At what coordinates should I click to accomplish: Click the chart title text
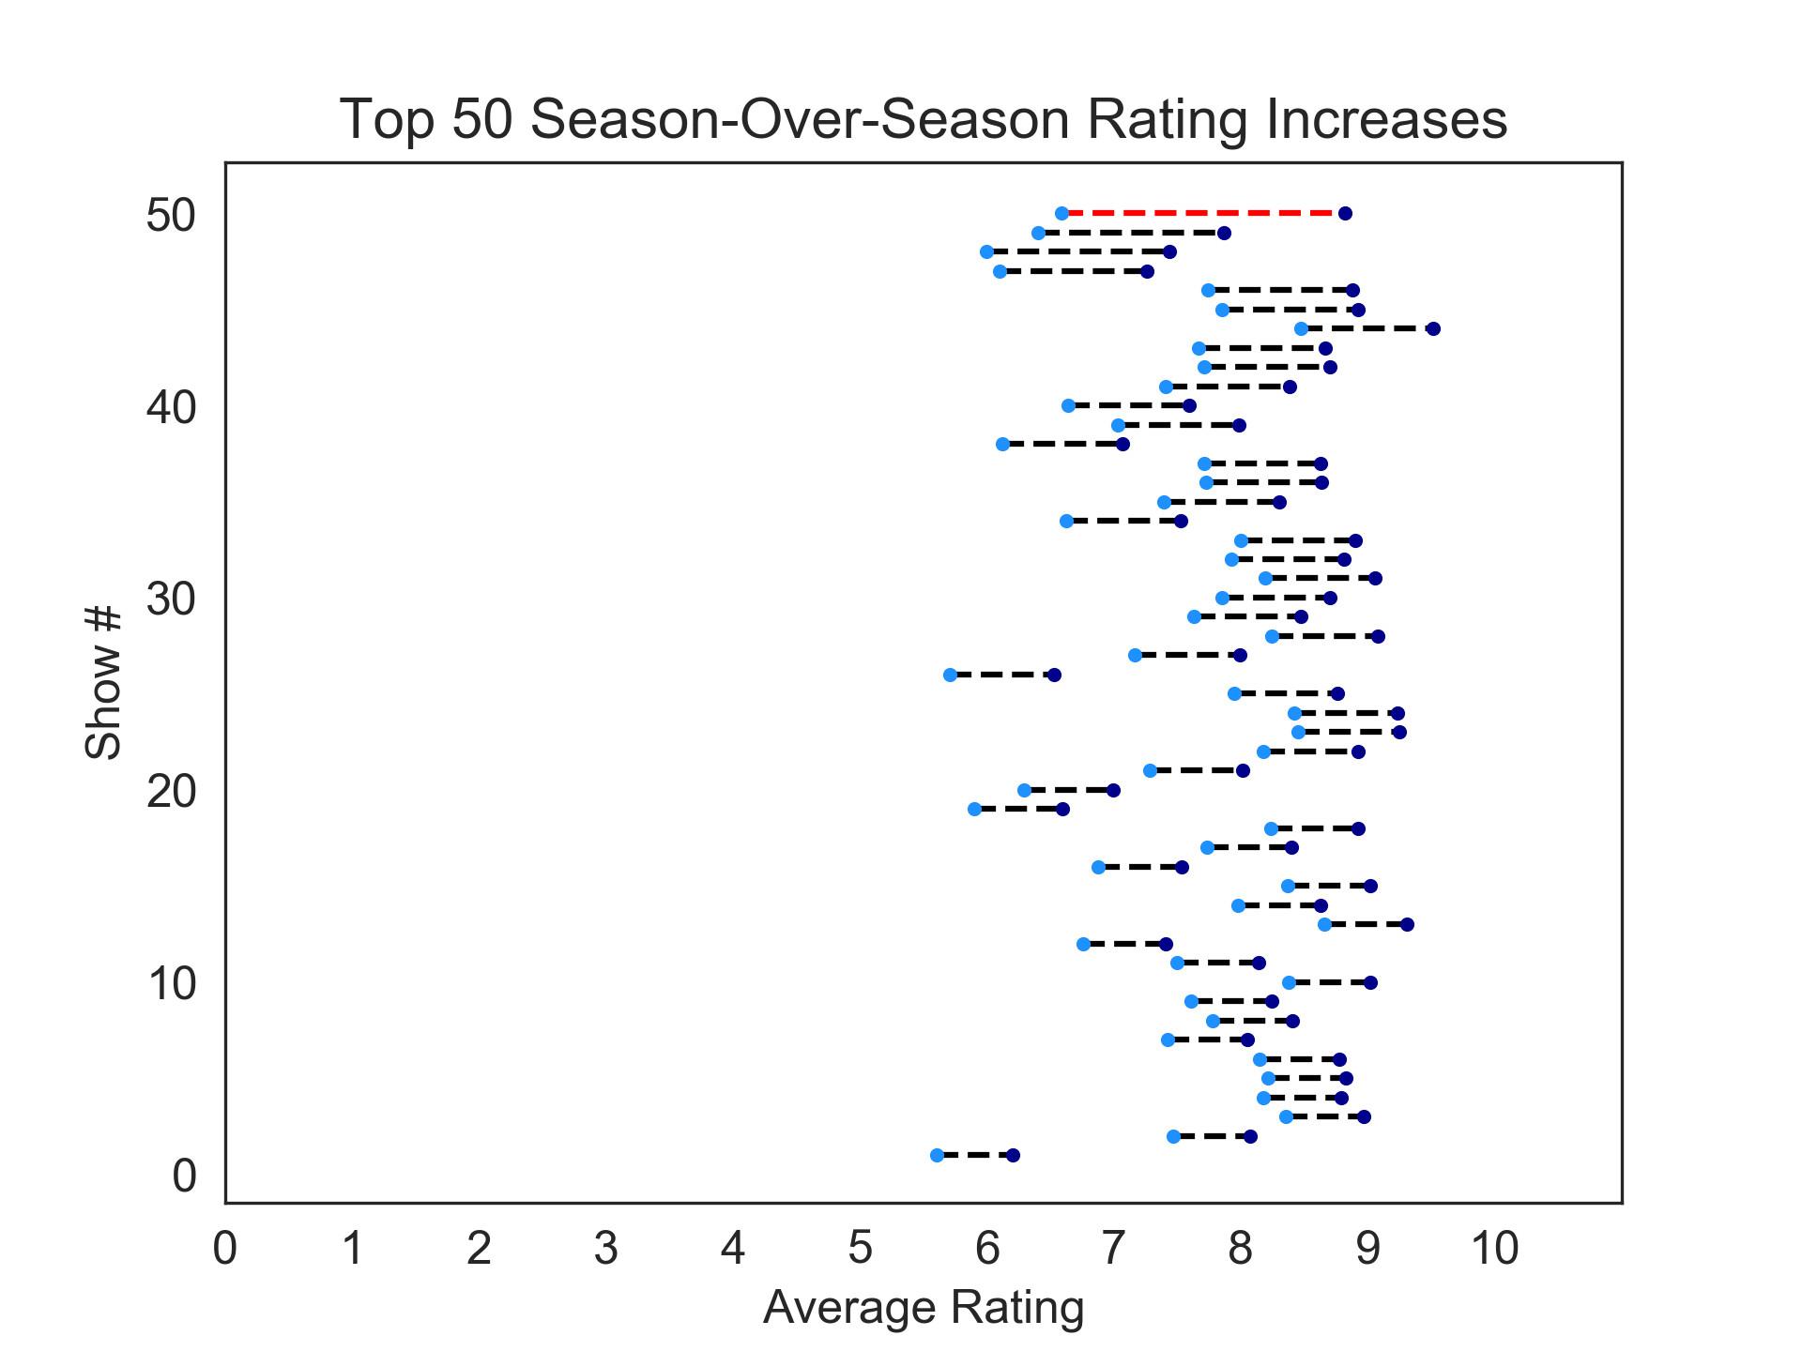click(924, 120)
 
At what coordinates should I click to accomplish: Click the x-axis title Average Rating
click(924, 1308)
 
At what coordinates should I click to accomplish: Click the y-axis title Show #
click(103, 682)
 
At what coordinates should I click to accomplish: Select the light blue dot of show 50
click(1061, 213)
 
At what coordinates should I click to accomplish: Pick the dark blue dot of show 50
click(1345, 213)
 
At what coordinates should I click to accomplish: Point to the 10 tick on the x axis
click(1495, 1249)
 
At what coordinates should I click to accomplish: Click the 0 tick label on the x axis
click(225, 1249)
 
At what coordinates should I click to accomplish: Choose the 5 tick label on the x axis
click(861, 1249)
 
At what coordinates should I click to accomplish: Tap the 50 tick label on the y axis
click(171, 216)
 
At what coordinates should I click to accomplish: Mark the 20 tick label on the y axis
click(171, 792)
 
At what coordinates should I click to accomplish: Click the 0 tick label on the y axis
click(184, 1176)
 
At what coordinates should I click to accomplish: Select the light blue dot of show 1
click(937, 1155)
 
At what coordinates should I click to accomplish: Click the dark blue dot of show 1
click(1013, 1155)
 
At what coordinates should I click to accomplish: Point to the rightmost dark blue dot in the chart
click(1433, 328)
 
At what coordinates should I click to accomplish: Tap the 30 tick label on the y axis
click(171, 600)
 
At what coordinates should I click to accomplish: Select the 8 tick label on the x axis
click(1241, 1249)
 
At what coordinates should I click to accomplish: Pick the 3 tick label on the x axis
click(606, 1249)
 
